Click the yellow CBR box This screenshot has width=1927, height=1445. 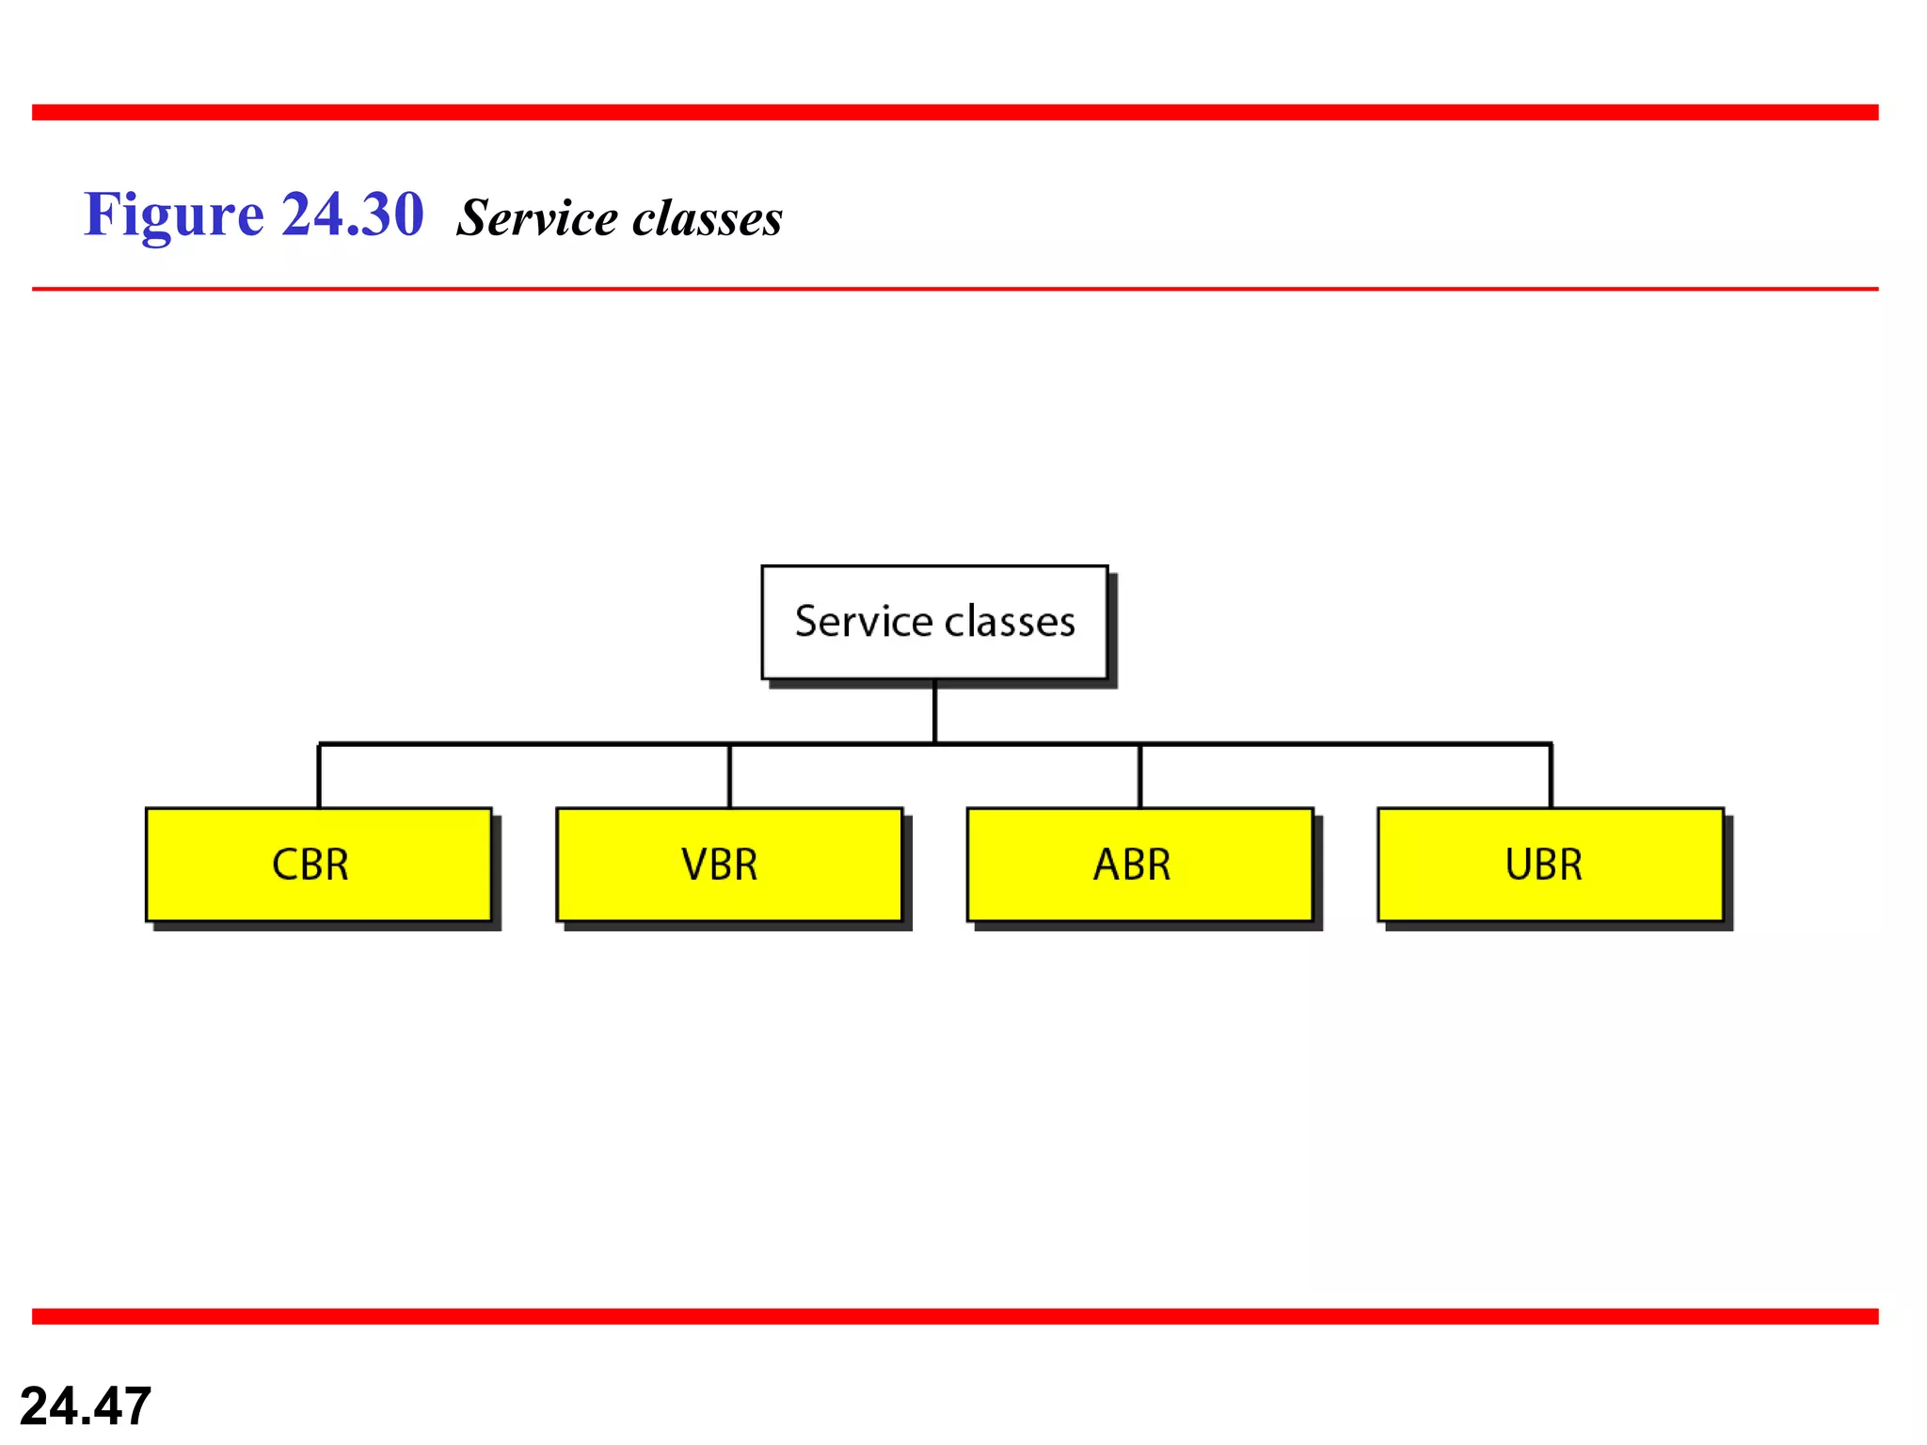tap(319, 864)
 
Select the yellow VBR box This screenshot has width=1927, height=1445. tap(729, 864)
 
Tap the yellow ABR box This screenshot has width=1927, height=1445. tap(1139, 864)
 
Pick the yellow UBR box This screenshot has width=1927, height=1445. tap(1550, 864)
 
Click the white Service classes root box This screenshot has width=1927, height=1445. tap(934, 622)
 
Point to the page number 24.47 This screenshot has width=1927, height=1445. tap(86, 1405)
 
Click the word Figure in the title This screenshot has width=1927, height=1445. tap(174, 215)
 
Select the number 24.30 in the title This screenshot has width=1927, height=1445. tap(353, 214)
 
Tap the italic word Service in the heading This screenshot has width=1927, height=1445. tap(536, 218)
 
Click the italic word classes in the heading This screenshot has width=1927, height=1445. tap(708, 218)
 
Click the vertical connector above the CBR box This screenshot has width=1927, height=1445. tap(319, 776)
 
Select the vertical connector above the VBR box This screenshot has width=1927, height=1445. tap(729, 776)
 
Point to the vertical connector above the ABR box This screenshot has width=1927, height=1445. tap(1139, 776)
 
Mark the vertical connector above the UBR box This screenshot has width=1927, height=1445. tap(1551, 776)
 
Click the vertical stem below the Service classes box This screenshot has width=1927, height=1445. tap(934, 712)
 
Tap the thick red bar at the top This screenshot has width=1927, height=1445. tap(955, 112)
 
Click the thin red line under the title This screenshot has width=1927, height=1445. tap(955, 289)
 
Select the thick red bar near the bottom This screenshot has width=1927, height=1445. tap(955, 1316)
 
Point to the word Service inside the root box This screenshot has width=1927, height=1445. tap(864, 622)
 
